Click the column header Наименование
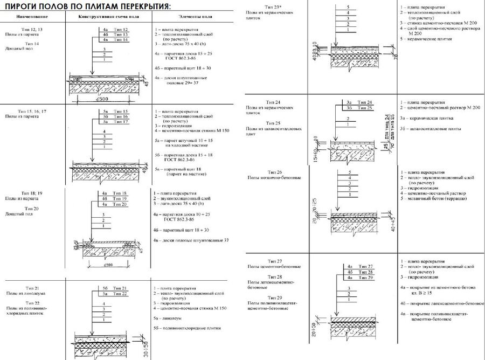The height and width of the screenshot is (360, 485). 24,17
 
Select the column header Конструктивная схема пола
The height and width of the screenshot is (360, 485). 106,17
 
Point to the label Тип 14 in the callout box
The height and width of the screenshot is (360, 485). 121,40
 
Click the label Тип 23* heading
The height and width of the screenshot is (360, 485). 274,6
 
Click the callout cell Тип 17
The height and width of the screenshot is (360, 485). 121,122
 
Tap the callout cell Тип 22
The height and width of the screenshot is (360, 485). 121,294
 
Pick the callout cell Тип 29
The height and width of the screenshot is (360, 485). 366,278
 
